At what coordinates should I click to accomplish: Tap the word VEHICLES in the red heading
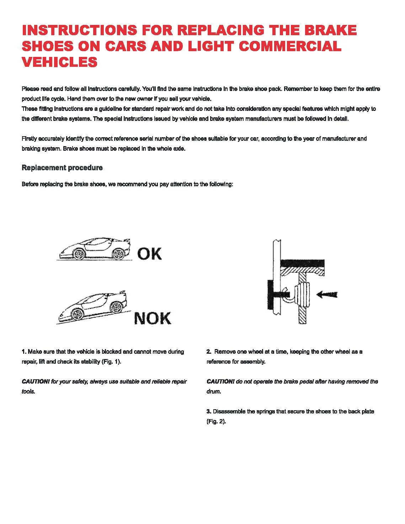click(59, 62)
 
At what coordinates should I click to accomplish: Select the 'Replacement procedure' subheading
click(62, 167)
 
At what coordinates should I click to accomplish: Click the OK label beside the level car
click(149, 254)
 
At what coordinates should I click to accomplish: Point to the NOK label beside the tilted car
click(153, 318)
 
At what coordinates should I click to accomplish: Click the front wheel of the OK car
click(79, 254)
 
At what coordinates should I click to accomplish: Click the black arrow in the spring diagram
click(326, 294)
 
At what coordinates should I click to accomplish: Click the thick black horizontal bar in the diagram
click(302, 263)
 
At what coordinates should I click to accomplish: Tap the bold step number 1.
click(24, 352)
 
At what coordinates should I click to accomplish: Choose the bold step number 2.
click(209, 352)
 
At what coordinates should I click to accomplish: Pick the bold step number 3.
click(209, 411)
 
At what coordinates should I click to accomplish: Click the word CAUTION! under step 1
click(36, 381)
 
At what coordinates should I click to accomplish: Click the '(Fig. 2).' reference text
click(216, 422)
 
